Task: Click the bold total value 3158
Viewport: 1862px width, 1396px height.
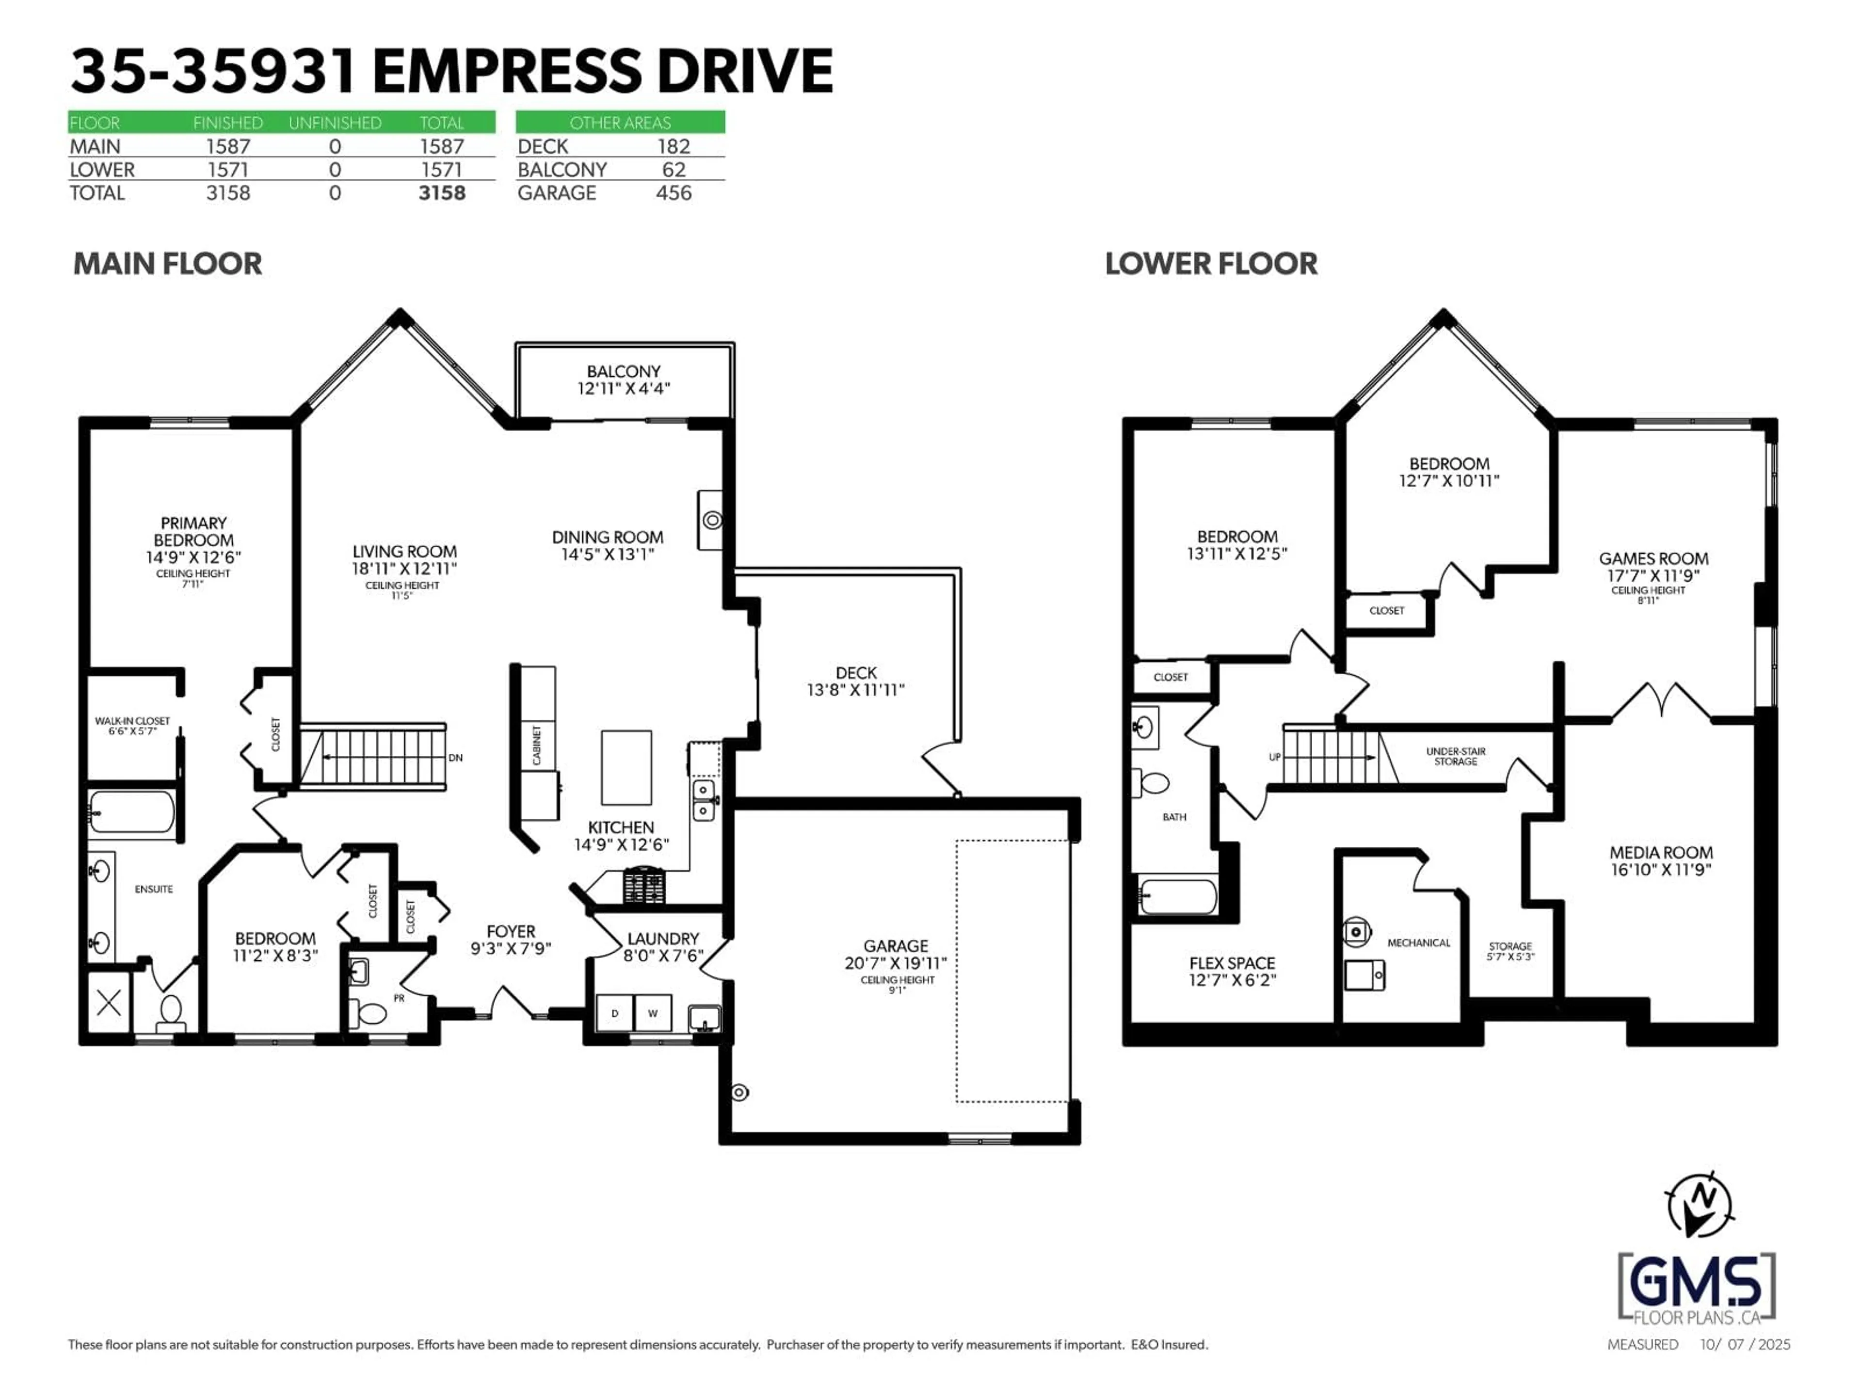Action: tap(441, 193)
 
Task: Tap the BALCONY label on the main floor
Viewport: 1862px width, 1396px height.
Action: tap(623, 371)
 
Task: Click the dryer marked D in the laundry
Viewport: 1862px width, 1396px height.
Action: tap(614, 1013)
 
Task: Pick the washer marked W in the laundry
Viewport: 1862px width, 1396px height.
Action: tap(652, 1013)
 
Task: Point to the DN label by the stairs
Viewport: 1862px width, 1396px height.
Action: tap(455, 757)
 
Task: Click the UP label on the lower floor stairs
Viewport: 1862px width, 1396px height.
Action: tap(1274, 757)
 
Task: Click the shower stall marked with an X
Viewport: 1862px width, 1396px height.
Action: tap(109, 1003)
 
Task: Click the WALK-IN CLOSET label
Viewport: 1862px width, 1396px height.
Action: tap(132, 721)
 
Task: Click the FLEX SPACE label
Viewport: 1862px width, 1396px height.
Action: tap(1232, 963)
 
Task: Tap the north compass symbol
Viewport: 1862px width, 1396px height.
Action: tap(1699, 1205)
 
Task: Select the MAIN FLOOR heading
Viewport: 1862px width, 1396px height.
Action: tap(167, 263)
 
